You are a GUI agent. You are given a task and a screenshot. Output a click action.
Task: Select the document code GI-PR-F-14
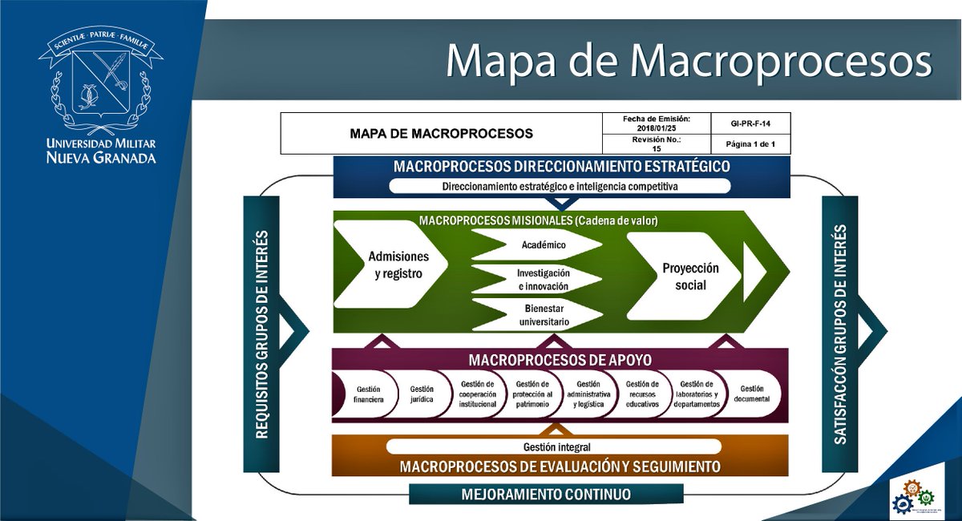coord(750,123)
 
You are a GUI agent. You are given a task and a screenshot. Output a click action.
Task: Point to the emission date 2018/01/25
coord(656,127)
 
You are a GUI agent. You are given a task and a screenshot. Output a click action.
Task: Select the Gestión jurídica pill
coord(421,394)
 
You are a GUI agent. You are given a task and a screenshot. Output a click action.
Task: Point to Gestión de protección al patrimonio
coord(532,394)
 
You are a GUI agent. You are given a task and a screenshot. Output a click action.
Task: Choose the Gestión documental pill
coord(752,394)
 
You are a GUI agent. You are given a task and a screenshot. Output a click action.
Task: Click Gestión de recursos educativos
coord(642,394)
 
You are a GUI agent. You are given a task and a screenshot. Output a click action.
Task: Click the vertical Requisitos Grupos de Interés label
coord(261,334)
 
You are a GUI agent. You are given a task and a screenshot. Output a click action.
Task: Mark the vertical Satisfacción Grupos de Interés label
coord(839,334)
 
